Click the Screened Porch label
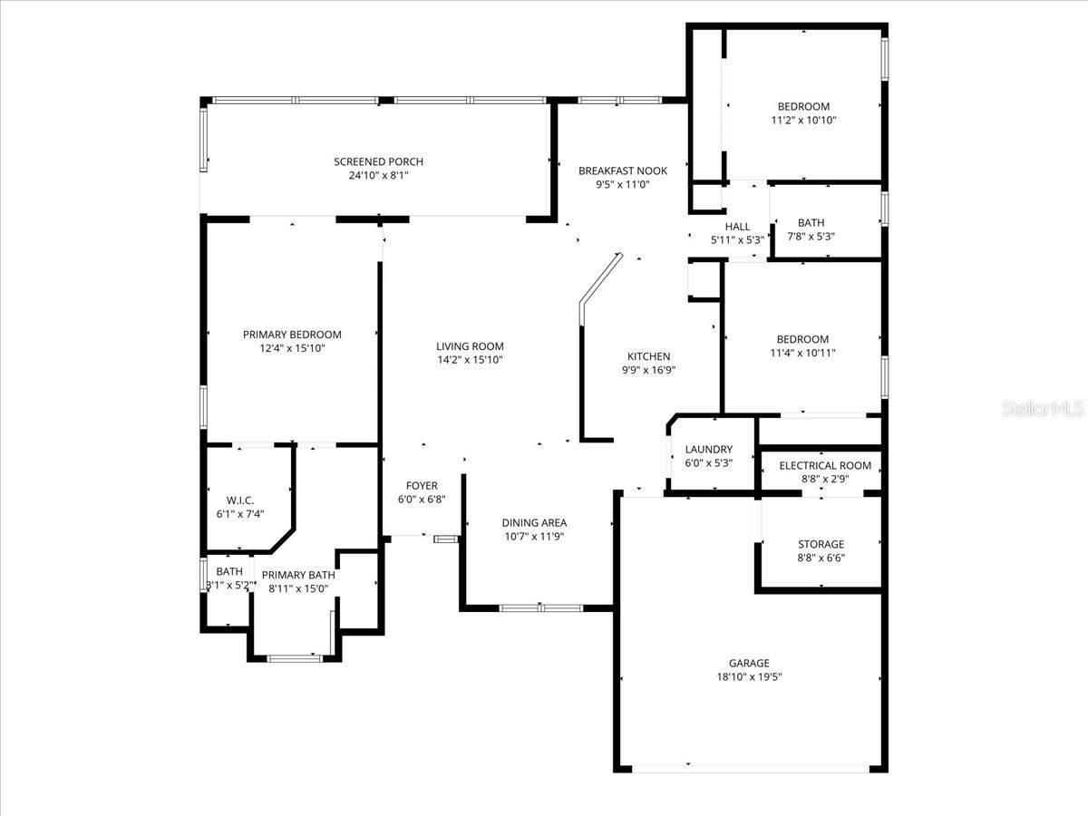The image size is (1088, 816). tap(378, 161)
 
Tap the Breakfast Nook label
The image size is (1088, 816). tap(623, 170)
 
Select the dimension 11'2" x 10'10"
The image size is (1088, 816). tap(802, 120)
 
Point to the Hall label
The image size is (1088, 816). tap(737, 227)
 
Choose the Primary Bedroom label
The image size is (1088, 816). tap(292, 335)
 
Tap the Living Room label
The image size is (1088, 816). tap(470, 345)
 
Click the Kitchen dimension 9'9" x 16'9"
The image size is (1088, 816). tap(649, 370)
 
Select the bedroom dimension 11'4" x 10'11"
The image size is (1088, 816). tap(802, 353)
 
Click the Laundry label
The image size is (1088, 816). tap(708, 449)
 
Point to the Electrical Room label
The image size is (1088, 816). tap(825, 465)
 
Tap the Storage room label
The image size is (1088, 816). tap(821, 544)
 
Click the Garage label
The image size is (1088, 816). tap(749, 663)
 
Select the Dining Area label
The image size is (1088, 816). tap(535, 522)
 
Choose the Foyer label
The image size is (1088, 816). tap(422, 485)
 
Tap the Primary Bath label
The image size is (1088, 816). tap(298, 575)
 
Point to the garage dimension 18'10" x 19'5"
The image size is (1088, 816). tap(749, 676)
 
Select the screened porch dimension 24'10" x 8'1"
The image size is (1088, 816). tap(378, 175)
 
